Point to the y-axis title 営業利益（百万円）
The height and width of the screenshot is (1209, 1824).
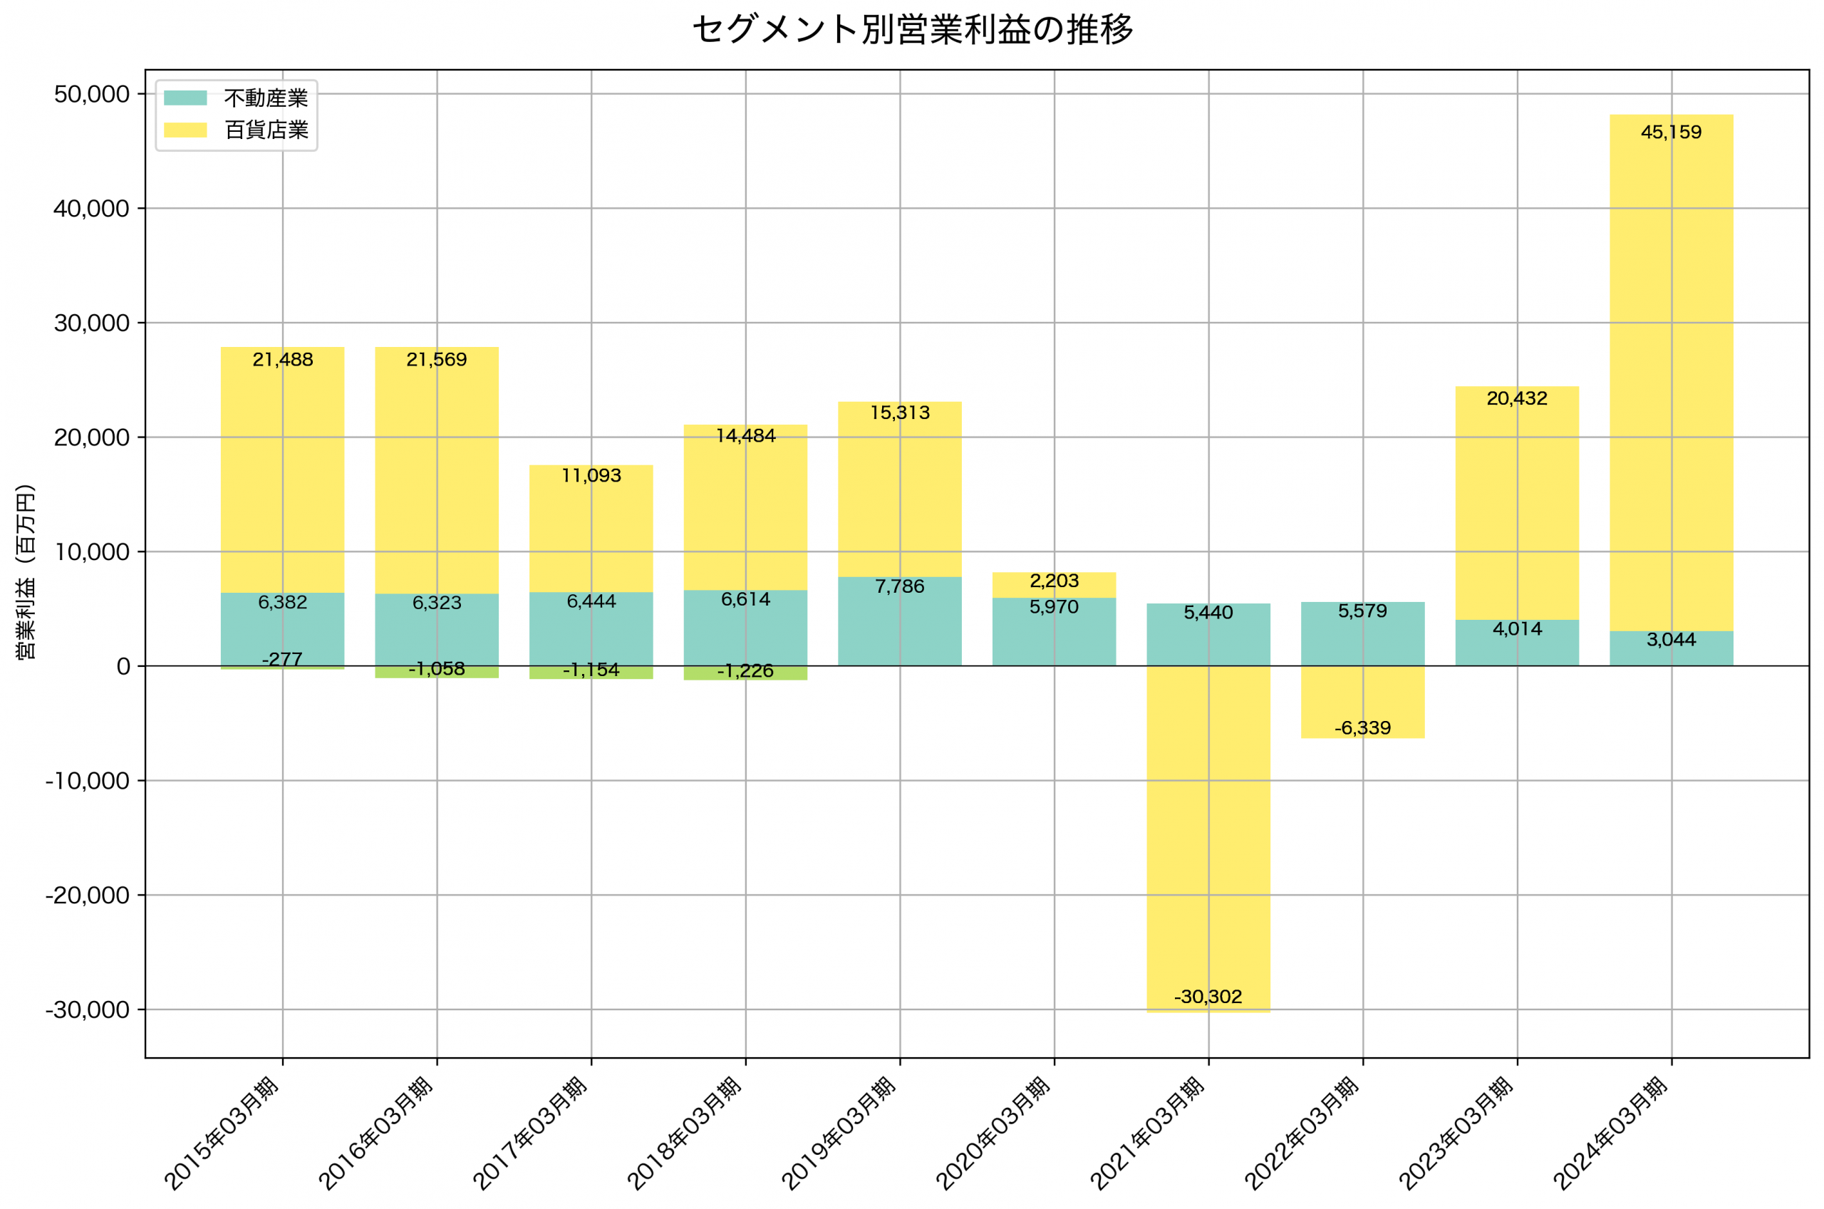[26, 572]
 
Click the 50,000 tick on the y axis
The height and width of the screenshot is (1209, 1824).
[91, 95]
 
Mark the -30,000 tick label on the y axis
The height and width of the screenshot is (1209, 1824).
[86, 1010]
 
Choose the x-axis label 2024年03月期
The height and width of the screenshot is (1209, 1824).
[1611, 1133]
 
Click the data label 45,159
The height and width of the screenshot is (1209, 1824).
[1671, 133]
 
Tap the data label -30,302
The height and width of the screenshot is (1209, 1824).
[1208, 997]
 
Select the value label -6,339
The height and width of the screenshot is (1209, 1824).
[1362, 729]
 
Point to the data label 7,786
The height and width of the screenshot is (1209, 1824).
[900, 587]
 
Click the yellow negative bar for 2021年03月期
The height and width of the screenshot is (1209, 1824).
[1208, 833]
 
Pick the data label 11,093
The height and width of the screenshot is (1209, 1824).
[591, 476]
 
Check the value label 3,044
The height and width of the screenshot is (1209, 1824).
[1671, 640]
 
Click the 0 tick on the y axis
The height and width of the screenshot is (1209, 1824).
[123, 667]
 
